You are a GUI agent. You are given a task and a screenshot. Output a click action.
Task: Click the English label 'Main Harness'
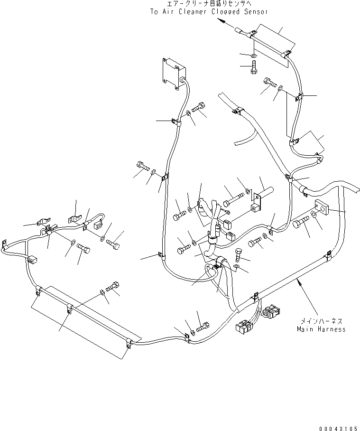pos(321,329)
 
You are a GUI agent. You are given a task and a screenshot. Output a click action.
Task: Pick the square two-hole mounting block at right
pos(322,207)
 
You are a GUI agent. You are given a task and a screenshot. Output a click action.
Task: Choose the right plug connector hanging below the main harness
pos(272,312)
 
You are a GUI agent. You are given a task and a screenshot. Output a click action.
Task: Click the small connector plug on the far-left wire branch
pos(33,260)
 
